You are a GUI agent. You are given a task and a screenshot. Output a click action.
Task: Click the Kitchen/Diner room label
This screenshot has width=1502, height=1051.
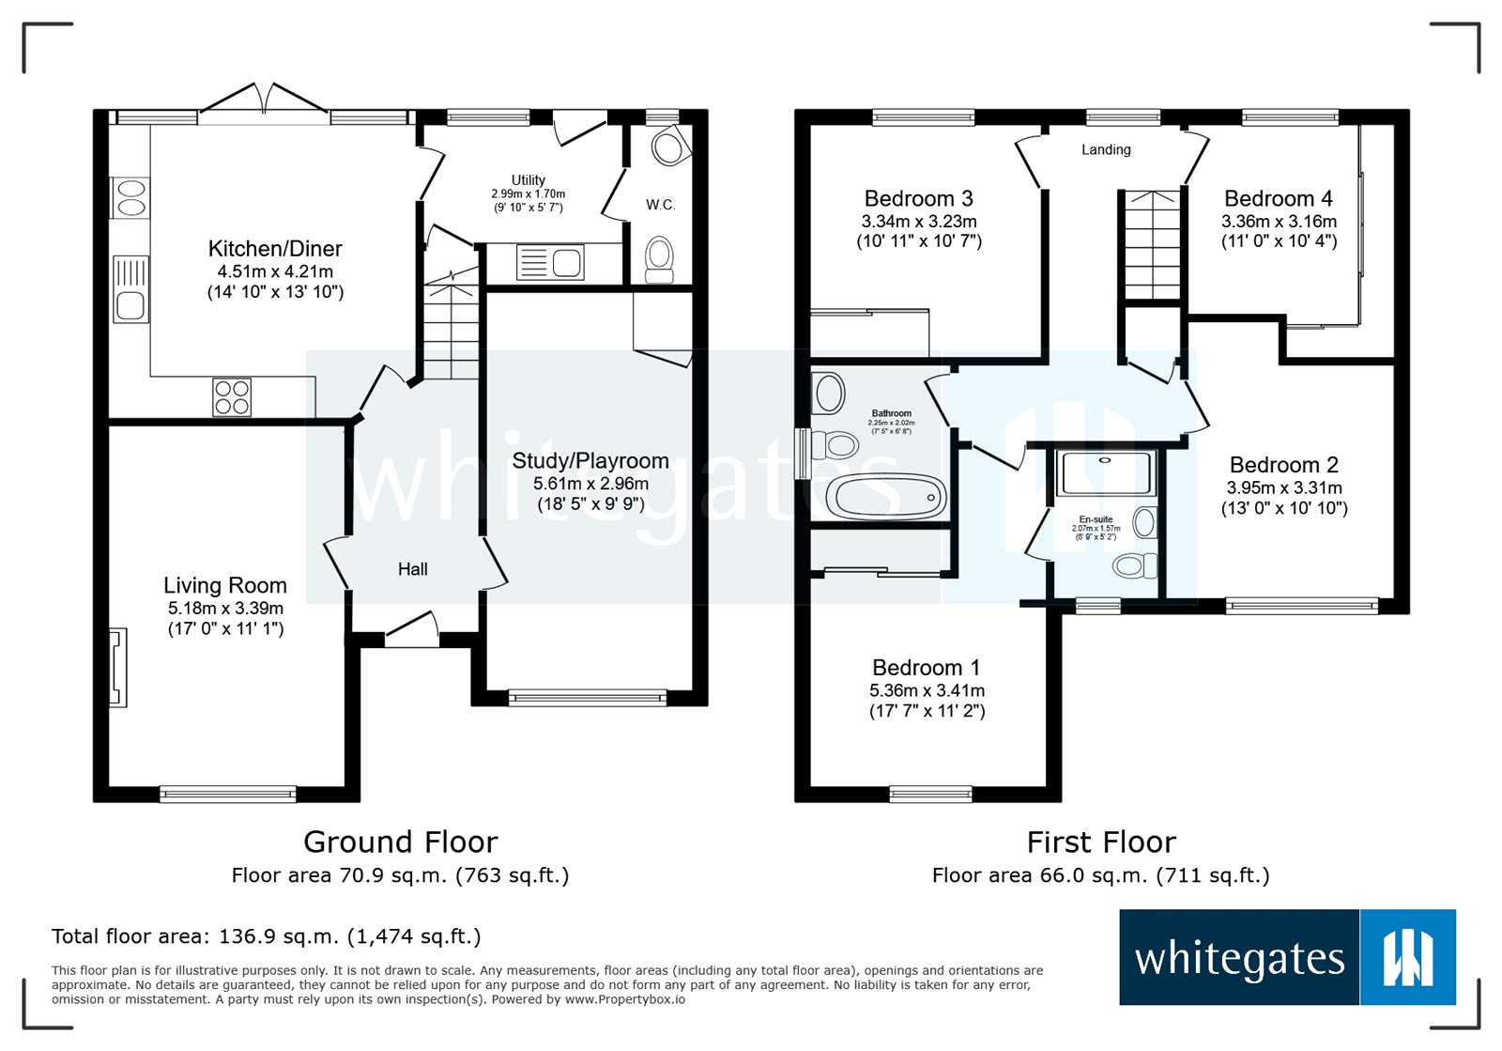click(x=275, y=249)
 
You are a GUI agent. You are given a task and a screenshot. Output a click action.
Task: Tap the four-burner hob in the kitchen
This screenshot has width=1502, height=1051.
click(x=232, y=396)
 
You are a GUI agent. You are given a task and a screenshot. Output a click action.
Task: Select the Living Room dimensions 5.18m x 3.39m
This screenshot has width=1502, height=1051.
click(x=225, y=608)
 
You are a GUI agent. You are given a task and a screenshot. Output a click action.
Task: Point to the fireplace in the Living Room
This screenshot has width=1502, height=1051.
click(x=117, y=668)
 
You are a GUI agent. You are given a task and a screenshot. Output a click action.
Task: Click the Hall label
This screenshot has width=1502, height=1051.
click(x=412, y=569)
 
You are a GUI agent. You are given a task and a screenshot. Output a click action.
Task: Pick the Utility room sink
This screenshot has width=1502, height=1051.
click(x=550, y=263)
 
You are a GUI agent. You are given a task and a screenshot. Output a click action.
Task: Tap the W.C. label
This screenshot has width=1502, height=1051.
click(x=660, y=205)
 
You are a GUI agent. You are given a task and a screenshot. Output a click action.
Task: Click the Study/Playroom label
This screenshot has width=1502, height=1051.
click(x=590, y=461)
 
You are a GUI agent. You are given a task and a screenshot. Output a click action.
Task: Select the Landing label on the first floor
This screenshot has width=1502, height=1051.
click(x=1106, y=149)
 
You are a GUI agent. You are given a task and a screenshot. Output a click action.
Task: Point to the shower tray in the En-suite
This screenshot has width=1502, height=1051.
click(x=1105, y=473)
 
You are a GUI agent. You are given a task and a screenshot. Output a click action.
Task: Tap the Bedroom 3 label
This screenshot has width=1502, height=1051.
click(x=918, y=199)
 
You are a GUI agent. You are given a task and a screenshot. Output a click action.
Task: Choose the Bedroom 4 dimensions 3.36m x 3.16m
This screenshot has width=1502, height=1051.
click(x=1279, y=222)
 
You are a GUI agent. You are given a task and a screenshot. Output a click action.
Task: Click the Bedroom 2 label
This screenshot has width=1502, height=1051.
click(x=1283, y=465)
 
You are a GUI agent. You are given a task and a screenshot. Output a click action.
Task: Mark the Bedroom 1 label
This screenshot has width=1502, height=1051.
click(x=926, y=668)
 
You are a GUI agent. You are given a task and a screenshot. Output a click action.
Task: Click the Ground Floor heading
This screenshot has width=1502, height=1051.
click(x=400, y=842)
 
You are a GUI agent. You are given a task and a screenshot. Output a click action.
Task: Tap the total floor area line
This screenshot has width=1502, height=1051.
click(x=266, y=936)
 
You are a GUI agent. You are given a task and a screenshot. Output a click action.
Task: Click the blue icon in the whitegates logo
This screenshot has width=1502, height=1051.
click(x=1407, y=957)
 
